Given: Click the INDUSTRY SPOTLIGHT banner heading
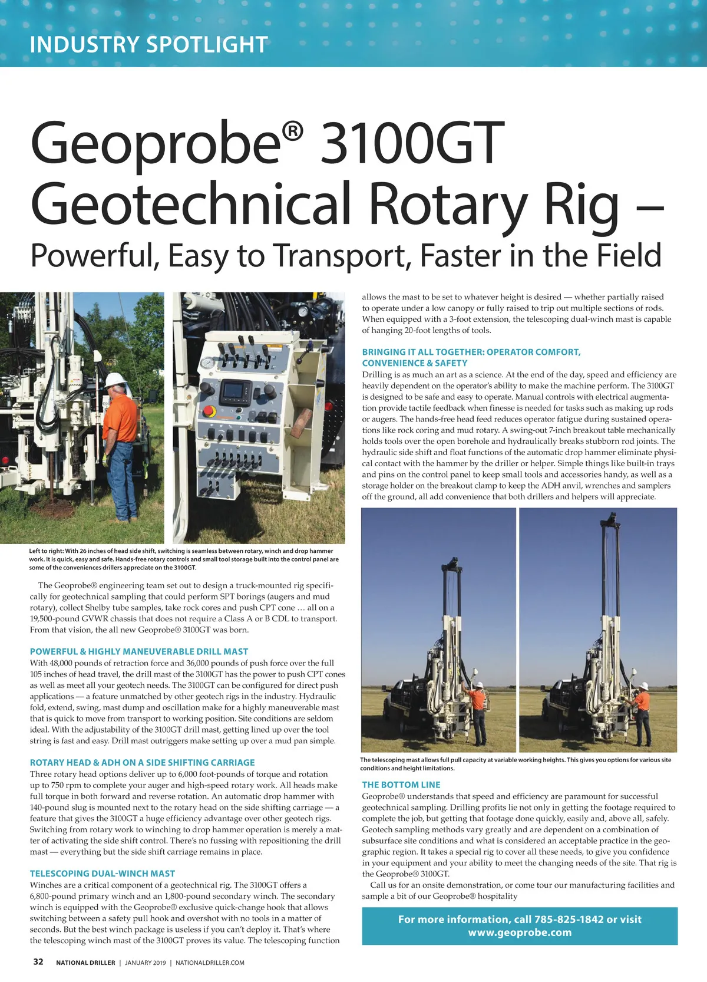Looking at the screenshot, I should pos(148,45).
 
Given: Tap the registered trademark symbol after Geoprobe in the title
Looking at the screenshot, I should pos(293,132).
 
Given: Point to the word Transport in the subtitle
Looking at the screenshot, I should pos(337,256).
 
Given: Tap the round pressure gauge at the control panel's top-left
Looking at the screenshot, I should pos(207,363).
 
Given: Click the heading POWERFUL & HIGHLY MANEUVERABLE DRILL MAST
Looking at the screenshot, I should pos(139,651).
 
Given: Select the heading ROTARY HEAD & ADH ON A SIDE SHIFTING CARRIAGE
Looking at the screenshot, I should pos(143,762).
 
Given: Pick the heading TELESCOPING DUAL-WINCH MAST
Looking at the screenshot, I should pos(103,873).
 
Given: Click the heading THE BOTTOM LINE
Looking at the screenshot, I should pos(401,785).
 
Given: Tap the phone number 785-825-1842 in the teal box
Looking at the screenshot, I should pos(568,919).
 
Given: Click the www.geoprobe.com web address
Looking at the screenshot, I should pos(520,932).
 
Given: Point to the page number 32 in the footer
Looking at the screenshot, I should pos(38,961).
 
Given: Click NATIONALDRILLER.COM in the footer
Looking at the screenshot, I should pos(210,963).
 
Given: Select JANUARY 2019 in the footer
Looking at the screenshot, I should pos(146,963).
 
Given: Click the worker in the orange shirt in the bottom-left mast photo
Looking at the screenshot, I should pos(480,710).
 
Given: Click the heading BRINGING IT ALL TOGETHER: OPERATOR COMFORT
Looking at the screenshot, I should pos(471,352).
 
